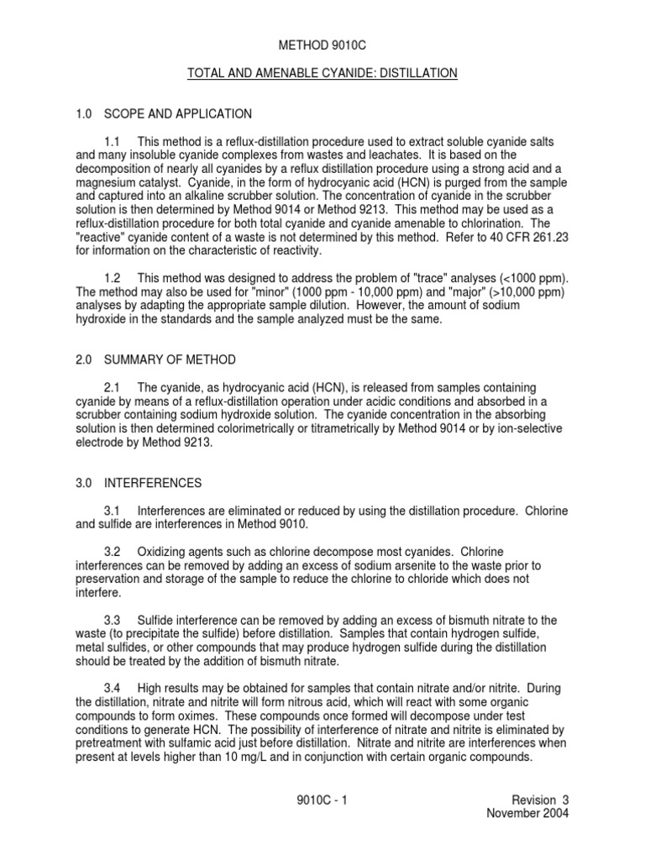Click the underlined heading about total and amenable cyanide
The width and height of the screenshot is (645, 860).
tap(322, 74)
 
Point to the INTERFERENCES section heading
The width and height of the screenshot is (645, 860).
tap(153, 484)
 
